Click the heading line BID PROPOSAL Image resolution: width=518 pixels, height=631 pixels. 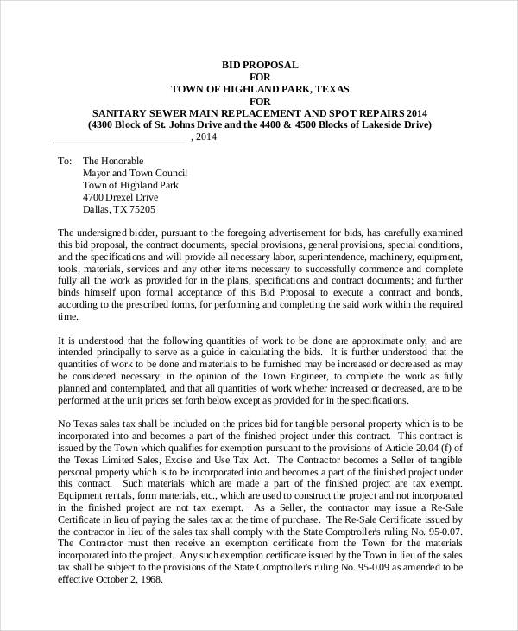(x=260, y=65)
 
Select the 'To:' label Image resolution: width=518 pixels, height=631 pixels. (x=65, y=161)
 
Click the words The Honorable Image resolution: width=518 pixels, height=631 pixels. (x=113, y=161)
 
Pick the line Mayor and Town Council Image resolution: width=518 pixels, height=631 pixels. (x=135, y=173)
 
